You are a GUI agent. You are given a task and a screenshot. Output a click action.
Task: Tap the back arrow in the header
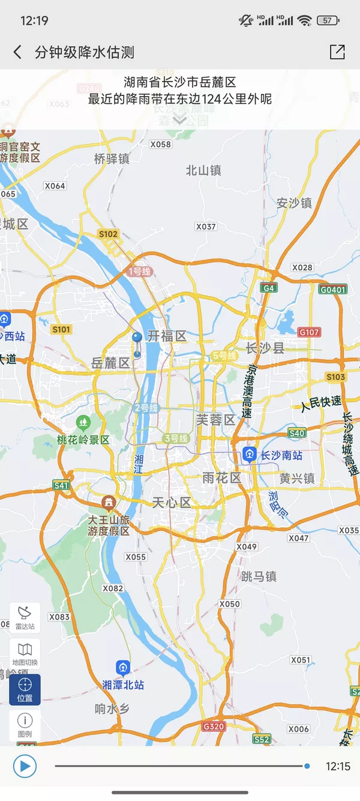click(17, 52)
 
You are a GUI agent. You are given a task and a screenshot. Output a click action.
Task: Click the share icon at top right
click(337, 52)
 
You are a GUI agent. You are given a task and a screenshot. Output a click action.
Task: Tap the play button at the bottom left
click(25, 766)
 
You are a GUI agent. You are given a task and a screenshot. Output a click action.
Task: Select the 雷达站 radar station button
click(25, 617)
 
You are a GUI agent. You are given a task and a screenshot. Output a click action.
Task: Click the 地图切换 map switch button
click(25, 653)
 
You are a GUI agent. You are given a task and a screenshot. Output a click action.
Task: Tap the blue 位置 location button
click(25, 689)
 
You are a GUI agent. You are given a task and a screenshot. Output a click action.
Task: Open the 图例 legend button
click(25, 725)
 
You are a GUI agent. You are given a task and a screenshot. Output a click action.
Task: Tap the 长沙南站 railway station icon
click(250, 455)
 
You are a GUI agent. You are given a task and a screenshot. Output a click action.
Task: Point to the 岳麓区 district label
click(110, 363)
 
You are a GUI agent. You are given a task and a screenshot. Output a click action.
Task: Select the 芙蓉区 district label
click(216, 420)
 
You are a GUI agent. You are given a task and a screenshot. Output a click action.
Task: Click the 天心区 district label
click(172, 503)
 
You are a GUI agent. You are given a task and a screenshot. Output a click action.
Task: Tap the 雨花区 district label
click(221, 478)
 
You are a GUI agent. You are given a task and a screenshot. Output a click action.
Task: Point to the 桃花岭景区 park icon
click(83, 423)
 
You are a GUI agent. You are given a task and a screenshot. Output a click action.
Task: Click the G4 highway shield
click(269, 288)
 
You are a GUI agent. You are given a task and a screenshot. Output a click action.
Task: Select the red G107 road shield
click(309, 332)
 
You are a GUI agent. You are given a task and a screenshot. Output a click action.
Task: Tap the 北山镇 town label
click(203, 170)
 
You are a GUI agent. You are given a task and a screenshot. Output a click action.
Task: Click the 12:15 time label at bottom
click(338, 766)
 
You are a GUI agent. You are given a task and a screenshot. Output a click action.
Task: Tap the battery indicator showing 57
click(328, 20)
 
